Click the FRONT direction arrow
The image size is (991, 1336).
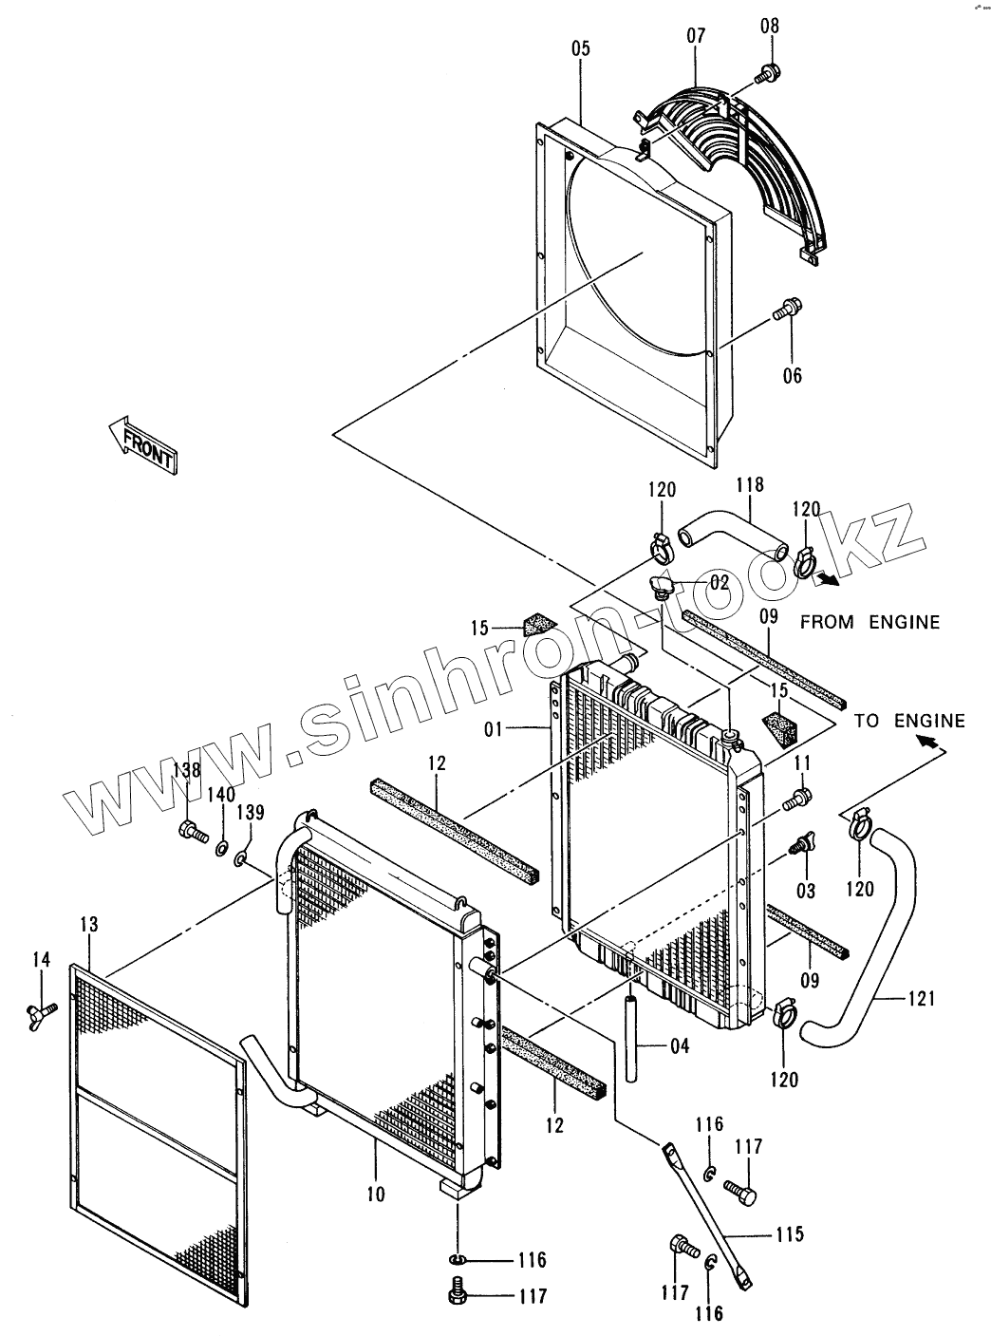(142, 443)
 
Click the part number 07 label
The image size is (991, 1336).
(696, 36)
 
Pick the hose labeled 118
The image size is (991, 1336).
(731, 533)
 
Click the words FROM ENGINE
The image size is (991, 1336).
(869, 622)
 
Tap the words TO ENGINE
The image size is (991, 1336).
(908, 721)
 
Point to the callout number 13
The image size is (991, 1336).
(88, 924)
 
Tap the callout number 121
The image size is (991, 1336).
(922, 998)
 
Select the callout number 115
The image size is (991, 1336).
(789, 1234)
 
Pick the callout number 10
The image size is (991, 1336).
(376, 1194)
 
